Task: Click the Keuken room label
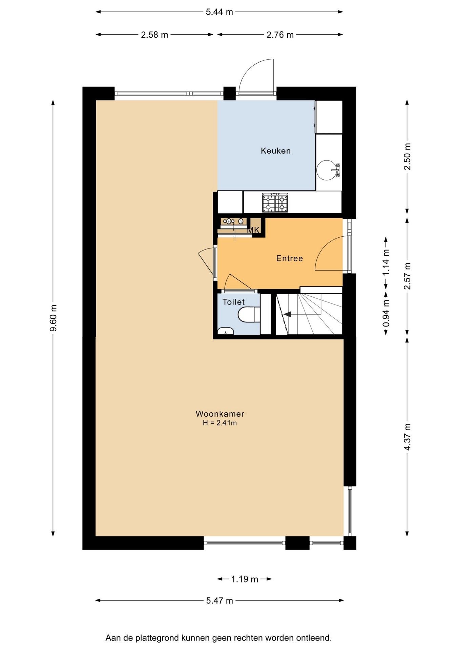[275, 151]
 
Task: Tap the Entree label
[289, 258]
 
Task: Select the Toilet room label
[233, 302]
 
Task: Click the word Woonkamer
[220, 414]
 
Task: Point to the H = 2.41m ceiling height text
[220, 423]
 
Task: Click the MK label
[253, 230]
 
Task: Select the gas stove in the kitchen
[275, 203]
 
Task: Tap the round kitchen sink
[327, 169]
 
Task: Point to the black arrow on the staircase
[287, 314]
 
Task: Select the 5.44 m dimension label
[219, 12]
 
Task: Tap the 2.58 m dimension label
[154, 35]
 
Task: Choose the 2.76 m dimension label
[280, 35]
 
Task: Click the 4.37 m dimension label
[407, 437]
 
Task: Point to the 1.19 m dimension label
[245, 579]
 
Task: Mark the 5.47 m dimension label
[219, 600]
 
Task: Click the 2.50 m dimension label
[407, 156]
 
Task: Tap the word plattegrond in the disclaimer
[157, 638]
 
